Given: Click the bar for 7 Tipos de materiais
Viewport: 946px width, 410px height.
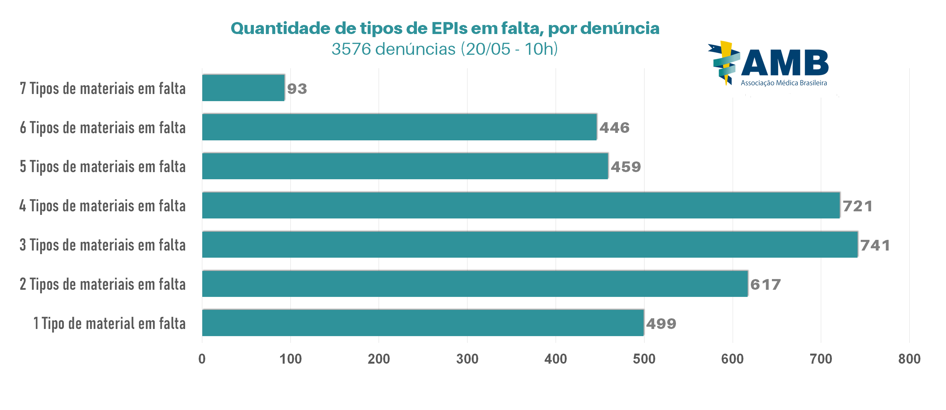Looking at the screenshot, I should coord(243,88).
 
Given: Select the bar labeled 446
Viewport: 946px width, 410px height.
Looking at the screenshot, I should coord(399,127).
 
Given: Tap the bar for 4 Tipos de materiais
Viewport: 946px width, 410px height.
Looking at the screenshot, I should coord(521,205).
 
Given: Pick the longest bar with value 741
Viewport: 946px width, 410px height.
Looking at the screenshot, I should coord(529,244).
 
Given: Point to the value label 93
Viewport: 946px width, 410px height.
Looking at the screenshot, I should coord(297,89).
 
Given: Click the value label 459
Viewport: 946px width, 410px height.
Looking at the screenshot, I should coord(625,167).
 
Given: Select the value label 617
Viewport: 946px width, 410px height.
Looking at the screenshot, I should coord(765,285).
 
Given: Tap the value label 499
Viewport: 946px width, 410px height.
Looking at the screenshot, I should coord(661,324).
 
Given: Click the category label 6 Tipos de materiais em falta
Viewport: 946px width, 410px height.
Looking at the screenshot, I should coord(102,128).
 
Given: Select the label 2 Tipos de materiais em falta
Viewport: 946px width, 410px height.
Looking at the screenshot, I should coord(102,285).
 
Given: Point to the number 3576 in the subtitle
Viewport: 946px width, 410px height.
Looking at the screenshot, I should coord(351,49).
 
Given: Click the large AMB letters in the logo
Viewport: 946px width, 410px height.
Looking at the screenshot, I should coord(785,63).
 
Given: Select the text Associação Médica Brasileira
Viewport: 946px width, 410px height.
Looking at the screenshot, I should coord(784,83).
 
